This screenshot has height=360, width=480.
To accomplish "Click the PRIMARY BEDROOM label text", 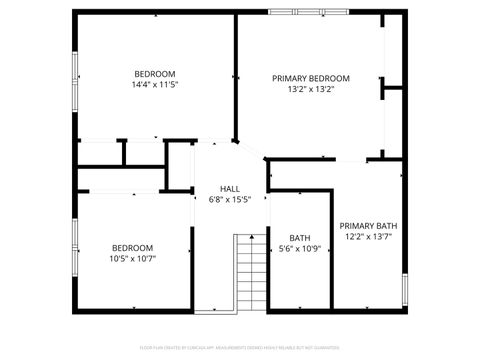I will pos(311,78).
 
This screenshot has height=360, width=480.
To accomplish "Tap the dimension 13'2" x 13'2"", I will pos(311,89).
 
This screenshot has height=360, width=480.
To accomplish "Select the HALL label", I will pos(230,189).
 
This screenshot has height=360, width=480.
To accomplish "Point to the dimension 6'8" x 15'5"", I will pos(230,200).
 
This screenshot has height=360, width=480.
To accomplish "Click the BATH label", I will pos(300,236).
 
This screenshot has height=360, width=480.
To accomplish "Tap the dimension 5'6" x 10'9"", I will pos(300,248).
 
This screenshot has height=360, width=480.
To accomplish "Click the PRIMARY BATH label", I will pos(368,226).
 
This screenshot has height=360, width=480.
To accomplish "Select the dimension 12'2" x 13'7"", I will pos(368,237).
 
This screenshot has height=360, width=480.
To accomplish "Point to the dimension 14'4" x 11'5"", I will pos(155,85).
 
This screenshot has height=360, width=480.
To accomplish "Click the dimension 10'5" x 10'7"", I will pos(132,259).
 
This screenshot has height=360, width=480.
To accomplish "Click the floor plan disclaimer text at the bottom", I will pos(240,348).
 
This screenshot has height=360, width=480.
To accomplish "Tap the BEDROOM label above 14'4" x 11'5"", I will pos(155,74).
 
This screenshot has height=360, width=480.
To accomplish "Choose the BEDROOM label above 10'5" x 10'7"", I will pos(132,248).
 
